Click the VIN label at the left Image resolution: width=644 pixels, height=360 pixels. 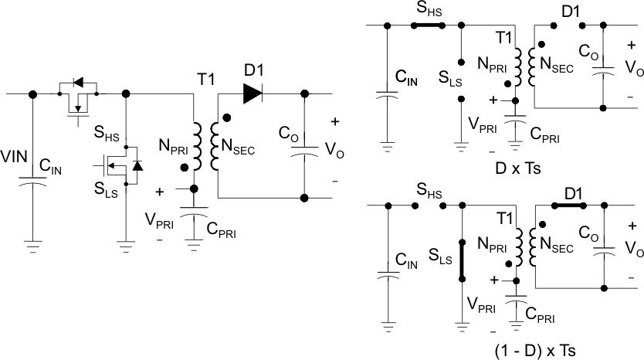point(15,158)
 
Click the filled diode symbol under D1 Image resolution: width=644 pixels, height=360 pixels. point(252,93)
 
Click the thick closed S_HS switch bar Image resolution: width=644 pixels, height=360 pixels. point(428,25)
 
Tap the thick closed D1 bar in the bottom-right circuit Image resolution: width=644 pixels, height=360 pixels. point(571,205)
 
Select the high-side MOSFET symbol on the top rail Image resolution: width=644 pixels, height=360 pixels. point(77,97)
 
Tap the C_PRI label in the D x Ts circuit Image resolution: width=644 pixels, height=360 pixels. point(545,136)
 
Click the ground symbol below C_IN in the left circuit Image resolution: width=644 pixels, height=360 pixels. point(32,247)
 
